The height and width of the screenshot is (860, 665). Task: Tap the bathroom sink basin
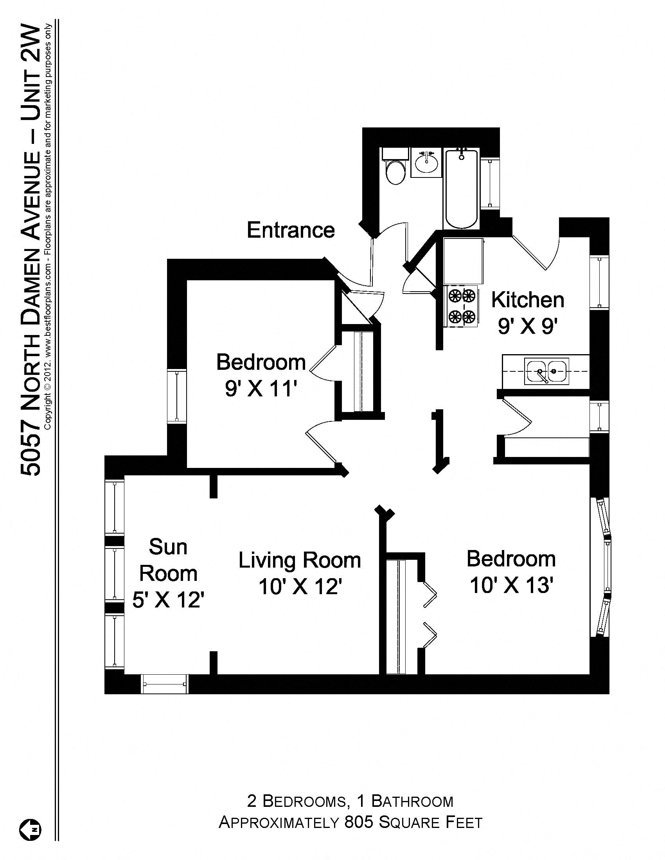click(x=426, y=164)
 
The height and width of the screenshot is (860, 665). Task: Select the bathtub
click(x=461, y=189)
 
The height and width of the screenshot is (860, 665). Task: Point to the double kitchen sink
click(x=546, y=371)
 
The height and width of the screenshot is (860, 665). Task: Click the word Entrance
click(x=290, y=230)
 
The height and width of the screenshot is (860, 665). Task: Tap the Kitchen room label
click(x=528, y=300)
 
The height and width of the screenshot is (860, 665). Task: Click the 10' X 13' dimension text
click(x=511, y=585)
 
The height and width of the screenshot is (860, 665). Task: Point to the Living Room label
click(x=299, y=560)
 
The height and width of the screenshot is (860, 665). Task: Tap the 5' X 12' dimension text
click(x=168, y=600)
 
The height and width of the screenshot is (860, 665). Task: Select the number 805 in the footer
click(x=358, y=822)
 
